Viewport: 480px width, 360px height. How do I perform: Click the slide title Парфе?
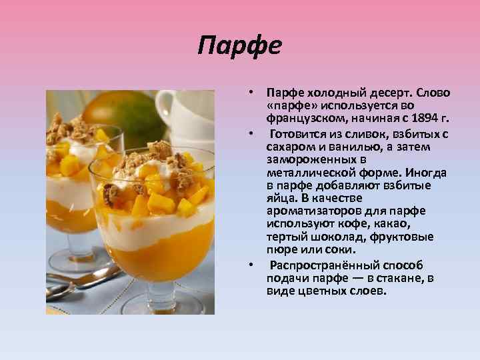point(241,46)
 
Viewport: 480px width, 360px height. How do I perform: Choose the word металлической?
point(314,172)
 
